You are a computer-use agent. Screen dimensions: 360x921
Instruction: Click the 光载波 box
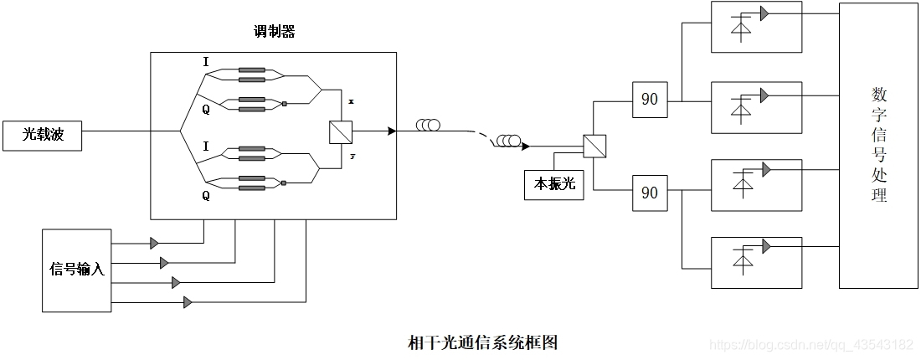[x=42, y=135]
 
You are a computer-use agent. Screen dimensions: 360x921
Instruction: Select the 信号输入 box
[x=76, y=270]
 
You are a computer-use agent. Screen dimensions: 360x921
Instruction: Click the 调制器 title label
[x=274, y=33]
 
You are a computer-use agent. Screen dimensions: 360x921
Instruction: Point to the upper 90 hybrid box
[x=649, y=99]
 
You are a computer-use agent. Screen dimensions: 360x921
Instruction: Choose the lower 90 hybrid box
[x=649, y=193]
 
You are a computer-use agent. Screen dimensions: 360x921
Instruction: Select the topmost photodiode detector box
[x=755, y=26]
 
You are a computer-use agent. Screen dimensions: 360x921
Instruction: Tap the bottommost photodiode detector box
[x=755, y=262]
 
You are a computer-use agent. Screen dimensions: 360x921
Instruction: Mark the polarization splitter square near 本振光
[x=594, y=146]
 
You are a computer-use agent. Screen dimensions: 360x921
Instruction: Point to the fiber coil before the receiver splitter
[x=507, y=141]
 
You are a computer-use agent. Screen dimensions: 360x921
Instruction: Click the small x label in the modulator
[x=351, y=101]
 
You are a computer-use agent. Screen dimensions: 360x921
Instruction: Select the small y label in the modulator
[x=352, y=156]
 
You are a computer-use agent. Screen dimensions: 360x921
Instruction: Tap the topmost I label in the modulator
[x=206, y=61]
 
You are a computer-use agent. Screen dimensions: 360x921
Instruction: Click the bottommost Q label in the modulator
[x=206, y=196]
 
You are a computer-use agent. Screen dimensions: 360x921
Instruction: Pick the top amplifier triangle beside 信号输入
[x=154, y=244]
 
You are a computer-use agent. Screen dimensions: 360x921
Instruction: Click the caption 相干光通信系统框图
[x=482, y=342]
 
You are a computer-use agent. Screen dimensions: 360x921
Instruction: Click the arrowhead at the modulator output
[x=391, y=131]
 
